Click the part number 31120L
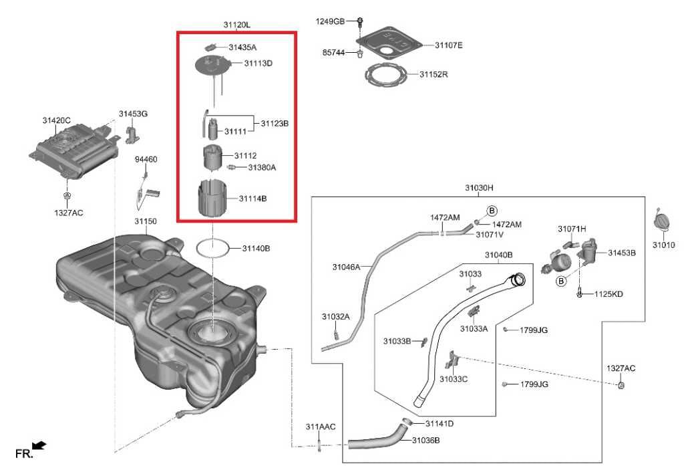236,25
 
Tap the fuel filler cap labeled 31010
662,221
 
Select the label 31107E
448,45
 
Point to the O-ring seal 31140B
213,248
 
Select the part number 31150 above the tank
145,221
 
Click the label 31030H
479,188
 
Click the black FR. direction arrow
39,445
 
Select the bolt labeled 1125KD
580,293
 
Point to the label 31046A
346,267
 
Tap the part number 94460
146,159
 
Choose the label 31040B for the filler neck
498,255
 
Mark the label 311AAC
320,427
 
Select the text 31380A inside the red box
262,167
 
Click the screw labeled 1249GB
359,21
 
